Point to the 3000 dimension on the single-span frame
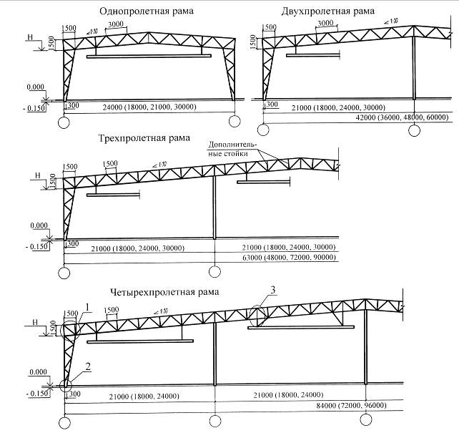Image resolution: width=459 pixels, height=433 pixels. [116, 25]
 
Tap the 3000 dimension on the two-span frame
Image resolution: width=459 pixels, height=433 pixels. [325, 24]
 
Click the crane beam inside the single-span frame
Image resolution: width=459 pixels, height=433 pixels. [149, 55]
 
